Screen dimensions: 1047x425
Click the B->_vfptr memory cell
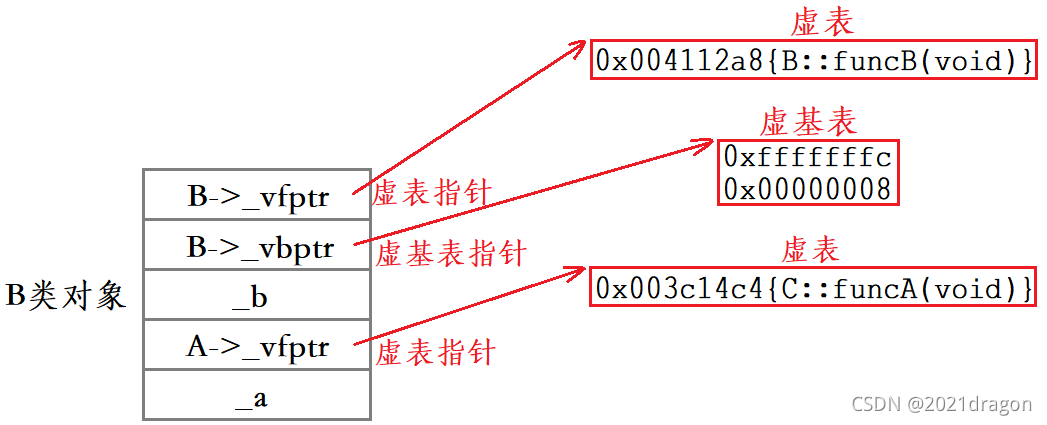(x=257, y=194)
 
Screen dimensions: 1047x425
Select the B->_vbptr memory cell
(x=257, y=245)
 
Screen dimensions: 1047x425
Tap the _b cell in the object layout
(x=257, y=295)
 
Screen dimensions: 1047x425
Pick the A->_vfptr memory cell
(x=257, y=345)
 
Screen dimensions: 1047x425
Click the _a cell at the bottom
(x=257, y=395)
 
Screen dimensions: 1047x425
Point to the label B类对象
(x=66, y=295)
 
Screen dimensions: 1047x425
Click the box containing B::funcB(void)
(x=813, y=60)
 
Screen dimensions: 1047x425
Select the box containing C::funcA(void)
(x=813, y=287)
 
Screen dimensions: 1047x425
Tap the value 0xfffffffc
(x=808, y=158)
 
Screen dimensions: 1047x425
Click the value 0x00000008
(x=808, y=189)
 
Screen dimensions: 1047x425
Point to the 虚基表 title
(x=808, y=122)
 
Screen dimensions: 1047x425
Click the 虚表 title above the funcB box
(x=823, y=23)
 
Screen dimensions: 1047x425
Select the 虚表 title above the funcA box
(x=810, y=250)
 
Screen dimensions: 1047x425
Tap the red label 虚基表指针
(x=451, y=253)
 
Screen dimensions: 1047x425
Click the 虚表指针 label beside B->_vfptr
(x=432, y=194)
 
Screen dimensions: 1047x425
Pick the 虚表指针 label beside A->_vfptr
(x=435, y=352)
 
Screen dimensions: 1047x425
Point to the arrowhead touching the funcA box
(x=573, y=273)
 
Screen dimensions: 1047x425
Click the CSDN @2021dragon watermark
(x=941, y=403)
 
